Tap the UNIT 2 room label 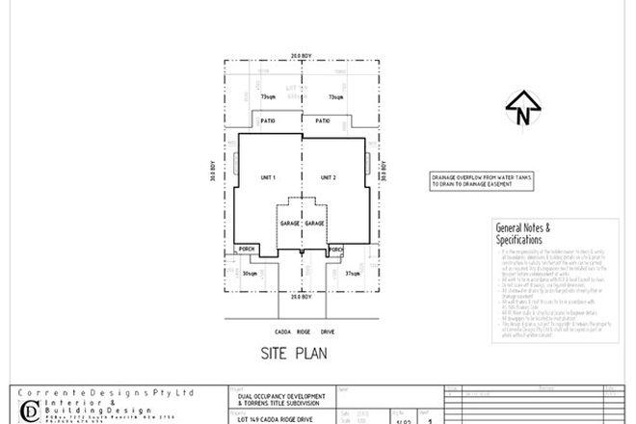tap(329, 178)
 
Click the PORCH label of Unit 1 tap(247, 247)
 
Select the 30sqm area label tap(251, 274)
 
